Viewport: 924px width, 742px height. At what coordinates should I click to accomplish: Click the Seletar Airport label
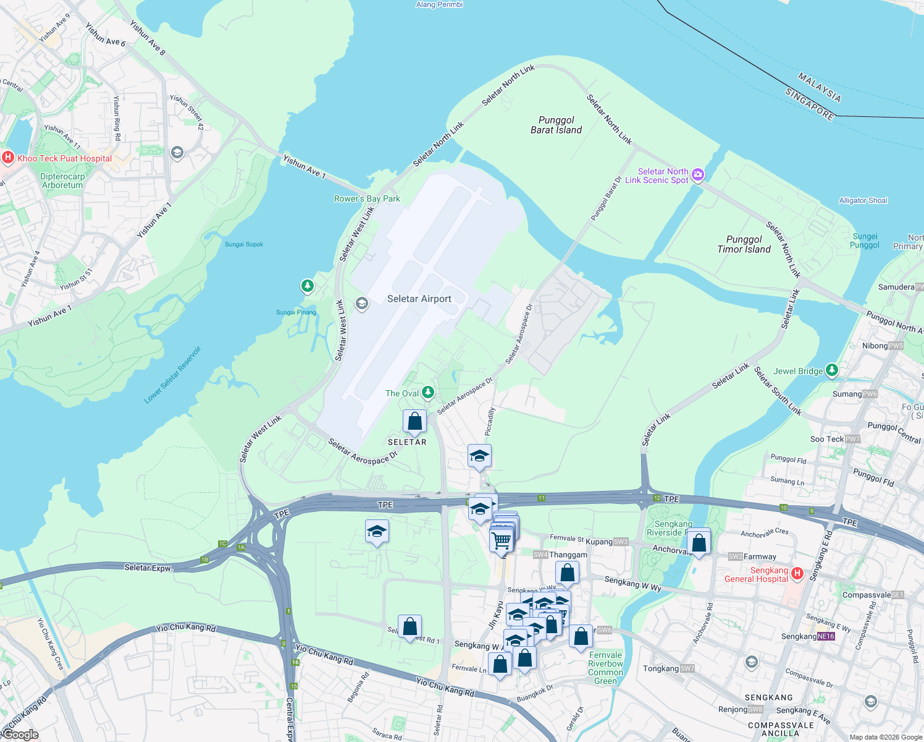point(419,299)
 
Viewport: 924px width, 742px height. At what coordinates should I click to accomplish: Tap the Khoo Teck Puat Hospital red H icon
point(8,158)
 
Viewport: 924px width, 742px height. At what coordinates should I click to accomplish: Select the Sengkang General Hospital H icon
point(797,574)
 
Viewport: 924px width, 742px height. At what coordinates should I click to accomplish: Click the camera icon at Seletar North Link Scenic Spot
point(698,175)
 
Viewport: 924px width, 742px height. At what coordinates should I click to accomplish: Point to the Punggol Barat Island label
point(556,125)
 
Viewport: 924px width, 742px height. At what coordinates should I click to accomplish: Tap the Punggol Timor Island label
point(744,244)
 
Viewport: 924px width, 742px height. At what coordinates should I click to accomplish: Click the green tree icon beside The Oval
point(427,393)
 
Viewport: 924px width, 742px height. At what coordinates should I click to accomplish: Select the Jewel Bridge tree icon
point(832,370)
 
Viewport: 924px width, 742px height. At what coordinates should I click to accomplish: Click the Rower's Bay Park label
point(367,198)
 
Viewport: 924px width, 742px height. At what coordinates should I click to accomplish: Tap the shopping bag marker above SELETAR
point(414,422)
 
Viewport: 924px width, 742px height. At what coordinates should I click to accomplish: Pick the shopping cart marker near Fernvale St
point(502,540)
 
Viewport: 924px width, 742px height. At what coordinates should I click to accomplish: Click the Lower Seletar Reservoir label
point(173,375)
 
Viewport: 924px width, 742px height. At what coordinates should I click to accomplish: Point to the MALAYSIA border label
point(819,87)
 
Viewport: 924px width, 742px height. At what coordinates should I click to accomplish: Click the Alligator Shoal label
point(863,200)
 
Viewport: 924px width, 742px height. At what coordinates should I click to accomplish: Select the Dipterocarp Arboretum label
point(62,181)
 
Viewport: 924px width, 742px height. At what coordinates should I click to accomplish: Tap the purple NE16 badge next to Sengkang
point(826,636)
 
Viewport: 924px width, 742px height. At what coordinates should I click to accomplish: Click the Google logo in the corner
point(20,735)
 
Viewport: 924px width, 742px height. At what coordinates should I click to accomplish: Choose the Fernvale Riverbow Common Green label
point(605,668)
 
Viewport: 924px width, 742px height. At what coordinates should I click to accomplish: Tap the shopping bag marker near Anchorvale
point(699,544)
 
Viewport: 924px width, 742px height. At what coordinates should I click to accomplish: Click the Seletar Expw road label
point(149,567)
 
